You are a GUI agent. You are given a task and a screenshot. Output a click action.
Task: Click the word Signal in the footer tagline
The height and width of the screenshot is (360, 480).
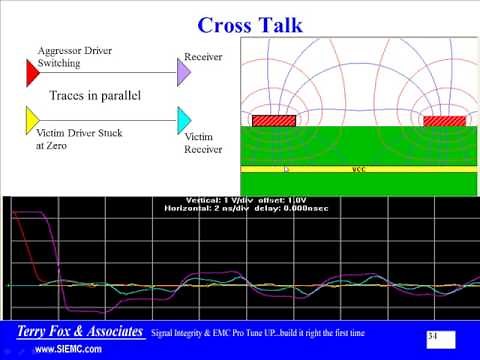[166, 332]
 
